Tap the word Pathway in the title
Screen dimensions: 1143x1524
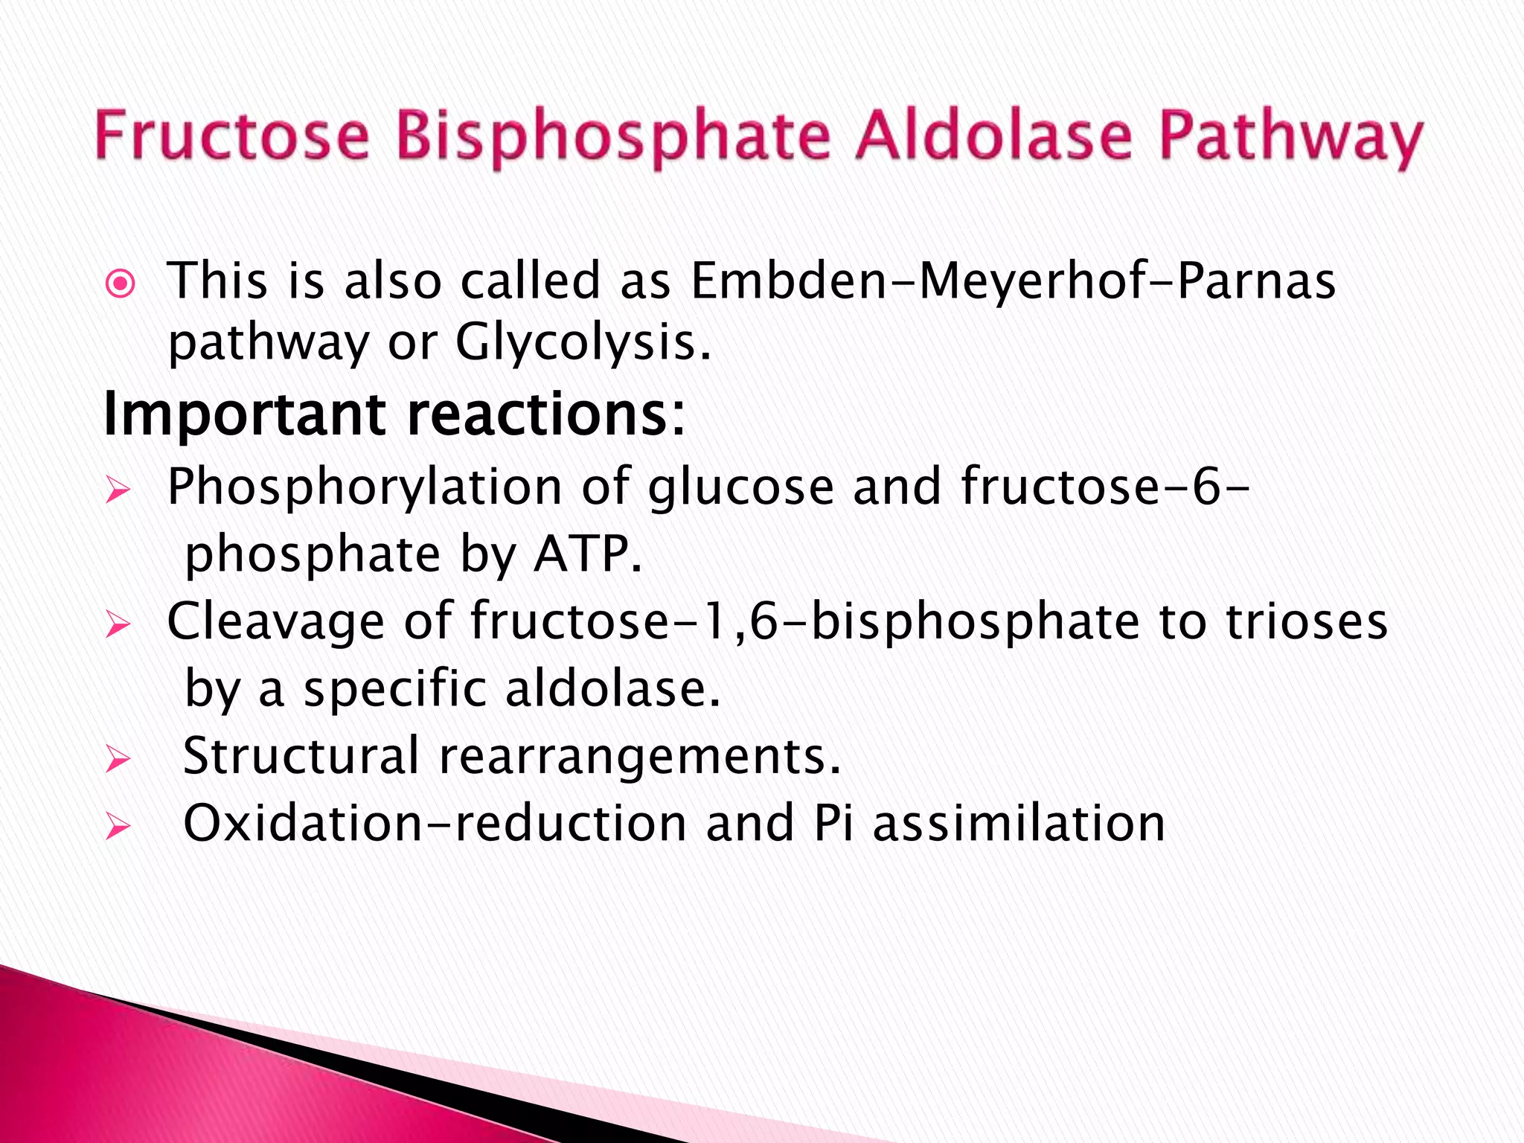coord(1290,140)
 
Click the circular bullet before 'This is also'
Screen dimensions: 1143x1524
coord(121,284)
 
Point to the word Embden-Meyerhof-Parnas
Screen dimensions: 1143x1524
coord(1013,281)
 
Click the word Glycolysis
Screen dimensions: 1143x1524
coord(583,344)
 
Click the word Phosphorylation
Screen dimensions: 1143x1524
coord(365,488)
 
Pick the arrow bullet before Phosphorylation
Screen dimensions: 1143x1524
coord(118,491)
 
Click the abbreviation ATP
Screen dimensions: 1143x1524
coord(585,555)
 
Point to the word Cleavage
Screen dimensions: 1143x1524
coord(275,622)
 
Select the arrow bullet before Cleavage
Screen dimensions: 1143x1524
coord(118,625)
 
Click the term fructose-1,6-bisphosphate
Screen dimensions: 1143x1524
coord(804,622)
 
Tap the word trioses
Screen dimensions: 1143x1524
coord(1306,622)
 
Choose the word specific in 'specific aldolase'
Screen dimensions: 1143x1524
coord(394,689)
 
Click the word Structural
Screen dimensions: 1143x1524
coord(301,756)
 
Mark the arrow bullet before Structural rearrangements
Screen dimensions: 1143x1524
coord(118,760)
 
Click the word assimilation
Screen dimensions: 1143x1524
coord(1019,824)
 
